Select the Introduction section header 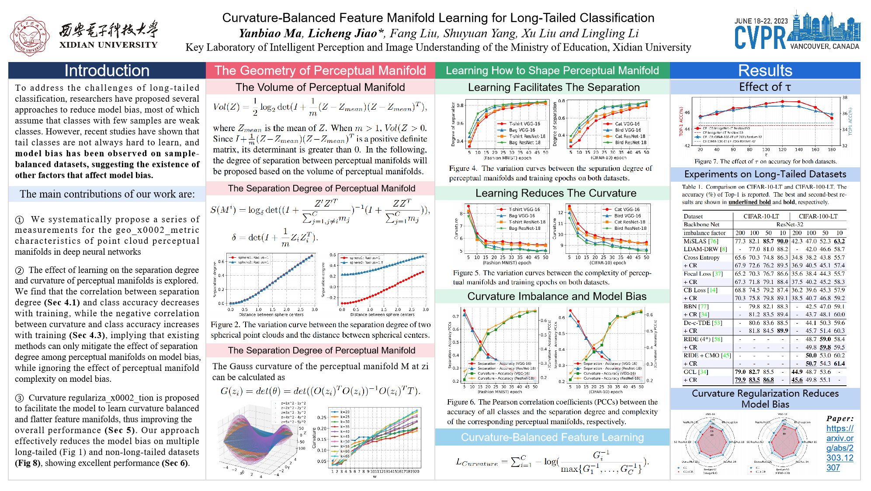tap(107, 70)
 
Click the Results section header tap(765, 70)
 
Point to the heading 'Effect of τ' tap(765, 87)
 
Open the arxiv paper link tap(840, 448)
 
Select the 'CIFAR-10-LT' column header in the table tap(761, 216)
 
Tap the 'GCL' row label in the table tap(690, 372)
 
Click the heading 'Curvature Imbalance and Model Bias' tap(557, 296)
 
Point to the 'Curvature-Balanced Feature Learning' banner tap(552, 437)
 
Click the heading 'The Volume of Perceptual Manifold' tap(320, 87)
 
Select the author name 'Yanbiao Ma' tap(270, 33)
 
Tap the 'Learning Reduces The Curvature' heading tap(555, 193)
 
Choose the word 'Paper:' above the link tap(840, 418)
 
